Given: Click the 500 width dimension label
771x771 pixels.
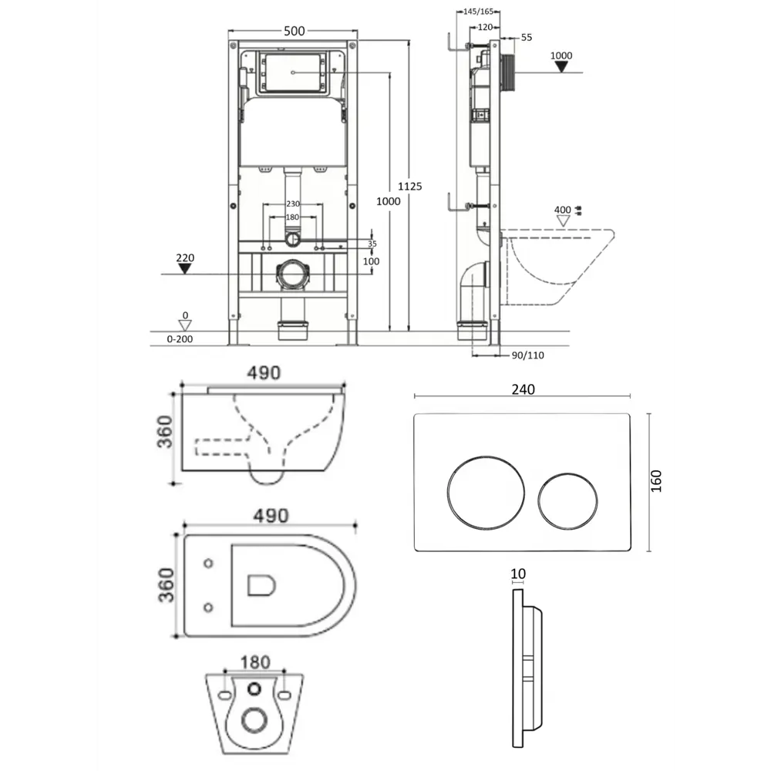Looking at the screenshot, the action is pyautogui.click(x=294, y=31).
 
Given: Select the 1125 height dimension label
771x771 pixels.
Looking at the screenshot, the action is pyautogui.click(x=409, y=187).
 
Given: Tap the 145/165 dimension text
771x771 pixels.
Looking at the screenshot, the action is pyautogui.click(x=478, y=12).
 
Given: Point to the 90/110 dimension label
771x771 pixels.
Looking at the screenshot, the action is pyautogui.click(x=527, y=355).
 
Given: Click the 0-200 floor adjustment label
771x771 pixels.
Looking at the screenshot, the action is pyautogui.click(x=180, y=339).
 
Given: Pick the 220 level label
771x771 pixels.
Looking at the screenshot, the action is pyautogui.click(x=185, y=258).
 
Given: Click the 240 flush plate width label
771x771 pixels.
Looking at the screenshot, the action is pyautogui.click(x=523, y=389).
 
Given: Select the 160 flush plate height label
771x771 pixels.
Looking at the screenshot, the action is pyautogui.click(x=656, y=481).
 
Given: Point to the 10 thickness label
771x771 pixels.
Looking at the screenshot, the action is pyautogui.click(x=518, y=574).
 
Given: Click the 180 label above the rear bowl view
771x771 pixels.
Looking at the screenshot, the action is pyautogui.click(x=255, y=662).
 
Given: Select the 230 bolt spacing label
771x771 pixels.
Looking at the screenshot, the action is pyautogui.click(x=293, y=204).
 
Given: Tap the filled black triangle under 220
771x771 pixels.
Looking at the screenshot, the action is pyautogui.click(x=184, y=268).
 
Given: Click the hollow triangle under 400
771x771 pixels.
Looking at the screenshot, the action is pyautogui.click(x=563, y=221).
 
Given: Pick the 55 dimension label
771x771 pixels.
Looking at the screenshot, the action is pyautogui.click(x=526, y=37).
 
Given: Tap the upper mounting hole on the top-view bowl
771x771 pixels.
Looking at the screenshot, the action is pyautogui.click(x=208, y=563).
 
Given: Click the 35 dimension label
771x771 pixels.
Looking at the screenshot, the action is pyautogui.click(x=372, y=244).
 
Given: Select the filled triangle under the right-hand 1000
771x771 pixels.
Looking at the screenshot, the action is pyautogui.click(x=561, y=67).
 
